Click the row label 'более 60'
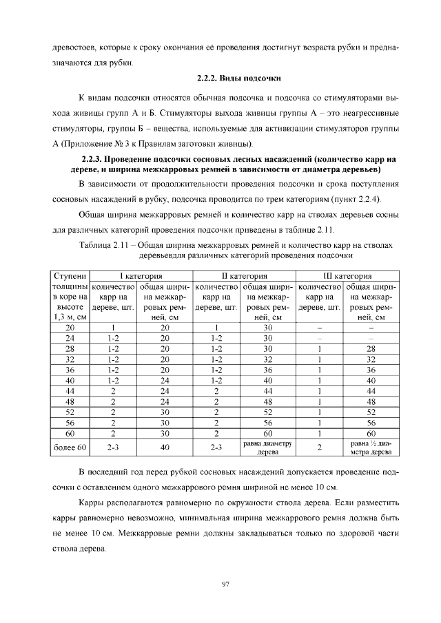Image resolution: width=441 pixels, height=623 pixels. [x=70, y=448]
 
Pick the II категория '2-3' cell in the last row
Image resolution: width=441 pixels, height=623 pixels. [x=216, y=448]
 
